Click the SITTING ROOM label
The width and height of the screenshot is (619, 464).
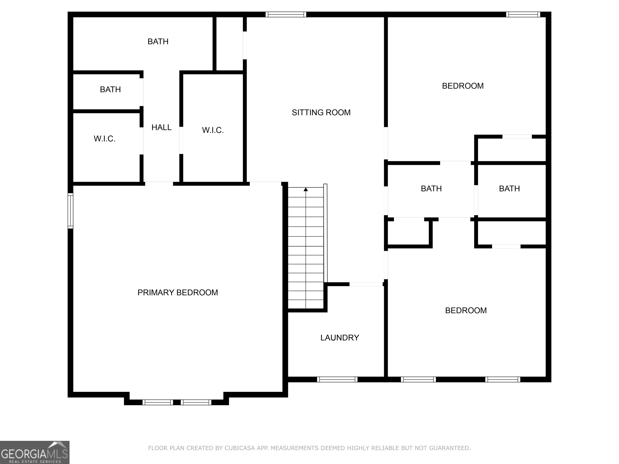click(321, 112)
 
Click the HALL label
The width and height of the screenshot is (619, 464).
click(161, 127)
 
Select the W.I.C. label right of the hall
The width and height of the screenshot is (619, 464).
click(213, 130)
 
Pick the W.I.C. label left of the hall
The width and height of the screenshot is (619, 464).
click(104, 139)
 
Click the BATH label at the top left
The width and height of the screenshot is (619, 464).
click(158, 42)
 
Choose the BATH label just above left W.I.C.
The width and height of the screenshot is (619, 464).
click(110, 89)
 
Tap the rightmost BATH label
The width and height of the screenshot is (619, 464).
click(509, 189)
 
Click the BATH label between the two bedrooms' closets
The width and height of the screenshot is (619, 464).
click(431, 189)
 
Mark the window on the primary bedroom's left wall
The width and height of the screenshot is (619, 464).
click(71, 211)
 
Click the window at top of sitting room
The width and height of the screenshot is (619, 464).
click(286, 14)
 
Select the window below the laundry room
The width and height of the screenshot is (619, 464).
click(337, 380)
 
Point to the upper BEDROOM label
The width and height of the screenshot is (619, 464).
click(463, 86)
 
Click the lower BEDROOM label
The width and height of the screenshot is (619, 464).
click(466, 311)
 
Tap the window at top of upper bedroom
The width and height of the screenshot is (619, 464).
click(523, 14)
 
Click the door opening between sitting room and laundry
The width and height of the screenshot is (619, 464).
click(366, 284)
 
